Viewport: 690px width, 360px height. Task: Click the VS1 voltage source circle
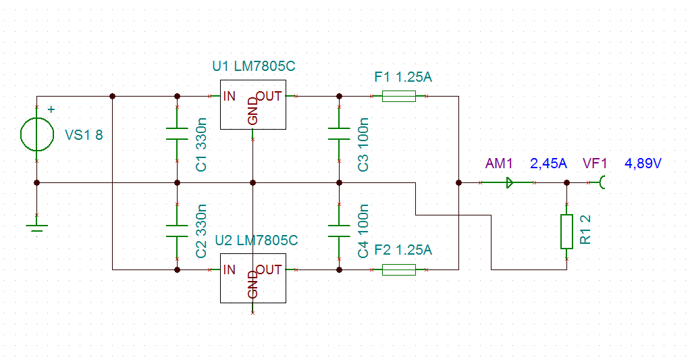click(x=21, y=134)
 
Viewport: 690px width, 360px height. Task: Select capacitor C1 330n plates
click(x=177, y=134)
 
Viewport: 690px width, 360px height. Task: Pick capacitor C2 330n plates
click(x=177, y=231)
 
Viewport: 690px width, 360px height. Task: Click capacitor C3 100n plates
click(x=339, y=134)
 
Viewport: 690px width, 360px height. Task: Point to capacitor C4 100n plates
click(x=339, y=231)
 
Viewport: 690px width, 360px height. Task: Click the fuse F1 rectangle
click(x=399, y=96)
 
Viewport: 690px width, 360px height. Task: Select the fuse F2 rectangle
click(x=399, y=269)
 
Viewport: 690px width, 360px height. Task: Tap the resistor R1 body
click(x=567, y=232)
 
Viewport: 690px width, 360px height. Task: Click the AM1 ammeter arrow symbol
click(x=510, y=182)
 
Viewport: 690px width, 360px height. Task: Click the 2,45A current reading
click(x=548, y=163)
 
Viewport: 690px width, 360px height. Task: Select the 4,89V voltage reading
click(x=643, y=163)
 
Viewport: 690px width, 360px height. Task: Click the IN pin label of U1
click(x=230, y=96)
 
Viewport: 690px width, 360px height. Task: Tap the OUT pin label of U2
click(x=269, y=269)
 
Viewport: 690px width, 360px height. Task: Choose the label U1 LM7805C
click(x=254, y=66)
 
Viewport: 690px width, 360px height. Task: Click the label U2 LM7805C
click(x=257, y=240)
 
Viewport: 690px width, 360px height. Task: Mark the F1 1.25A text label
click(x=403, y=77)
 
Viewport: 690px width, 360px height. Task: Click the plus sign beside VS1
click(x=51, y=109)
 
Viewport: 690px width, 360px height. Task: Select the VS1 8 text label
click(x=84, y=134)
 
